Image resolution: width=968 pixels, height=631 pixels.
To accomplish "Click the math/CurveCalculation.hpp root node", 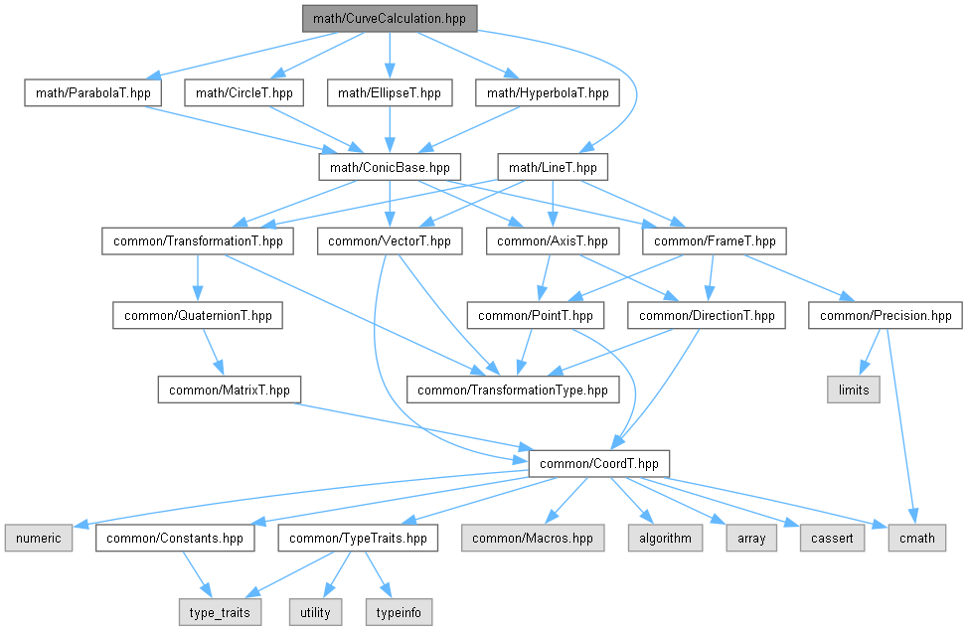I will (x=391, y=18).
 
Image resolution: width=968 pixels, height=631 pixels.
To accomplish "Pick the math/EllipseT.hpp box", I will (x=390, y=93).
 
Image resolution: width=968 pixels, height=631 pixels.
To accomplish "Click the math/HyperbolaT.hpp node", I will (x=549, y=93).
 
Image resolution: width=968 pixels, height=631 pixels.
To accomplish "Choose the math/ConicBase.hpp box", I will (x=390, y=167).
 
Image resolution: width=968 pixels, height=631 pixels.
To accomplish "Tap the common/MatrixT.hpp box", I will (x=230, y=390).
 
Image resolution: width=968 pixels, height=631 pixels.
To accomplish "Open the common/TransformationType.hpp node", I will (x=512, y=390).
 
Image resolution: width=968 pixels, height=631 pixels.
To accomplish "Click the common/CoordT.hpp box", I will (x=599, y=463).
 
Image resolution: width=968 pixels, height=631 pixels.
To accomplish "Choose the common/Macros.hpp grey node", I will (x=533, y=538).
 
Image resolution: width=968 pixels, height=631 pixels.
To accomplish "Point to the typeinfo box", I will (x=400, y=611).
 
